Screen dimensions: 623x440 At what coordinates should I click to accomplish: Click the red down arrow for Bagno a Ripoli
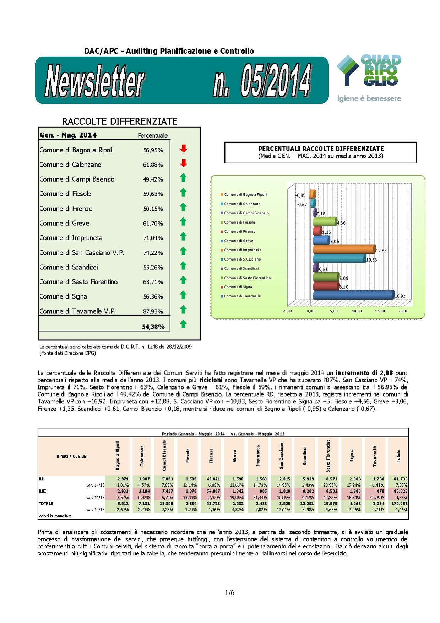click(x=183, y=149)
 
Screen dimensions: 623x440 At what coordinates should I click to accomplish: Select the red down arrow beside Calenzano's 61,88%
click(x=183, y=163)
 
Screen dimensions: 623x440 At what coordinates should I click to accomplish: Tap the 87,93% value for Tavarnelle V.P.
click(x=153, y=311)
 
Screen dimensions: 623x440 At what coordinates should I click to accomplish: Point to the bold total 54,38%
click(x=153, y=327)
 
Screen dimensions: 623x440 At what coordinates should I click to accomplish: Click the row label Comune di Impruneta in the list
click(x=71, y=238)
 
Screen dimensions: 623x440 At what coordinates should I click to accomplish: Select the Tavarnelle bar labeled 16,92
click(x=353, y=295)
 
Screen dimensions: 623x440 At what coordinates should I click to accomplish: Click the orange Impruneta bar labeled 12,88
click(x=344, y=249)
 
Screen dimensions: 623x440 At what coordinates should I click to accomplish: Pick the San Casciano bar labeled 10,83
click(x=339, y=258)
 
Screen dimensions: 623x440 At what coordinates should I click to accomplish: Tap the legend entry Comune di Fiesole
click(x=239, y=222)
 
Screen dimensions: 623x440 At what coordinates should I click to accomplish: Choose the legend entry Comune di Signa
click(x=238, y=287)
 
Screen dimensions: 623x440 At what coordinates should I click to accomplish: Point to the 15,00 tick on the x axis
click(x=380, y=311)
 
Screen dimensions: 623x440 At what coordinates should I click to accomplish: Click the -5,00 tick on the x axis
click(x=287, y=311)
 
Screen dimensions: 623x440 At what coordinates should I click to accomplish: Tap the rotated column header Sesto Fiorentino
click(x=328, y=456)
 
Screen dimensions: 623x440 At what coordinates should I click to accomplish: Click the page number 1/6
click(x=230, y=592)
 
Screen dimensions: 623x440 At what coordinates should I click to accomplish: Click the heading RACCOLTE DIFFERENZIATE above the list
click(x=120, y=122)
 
